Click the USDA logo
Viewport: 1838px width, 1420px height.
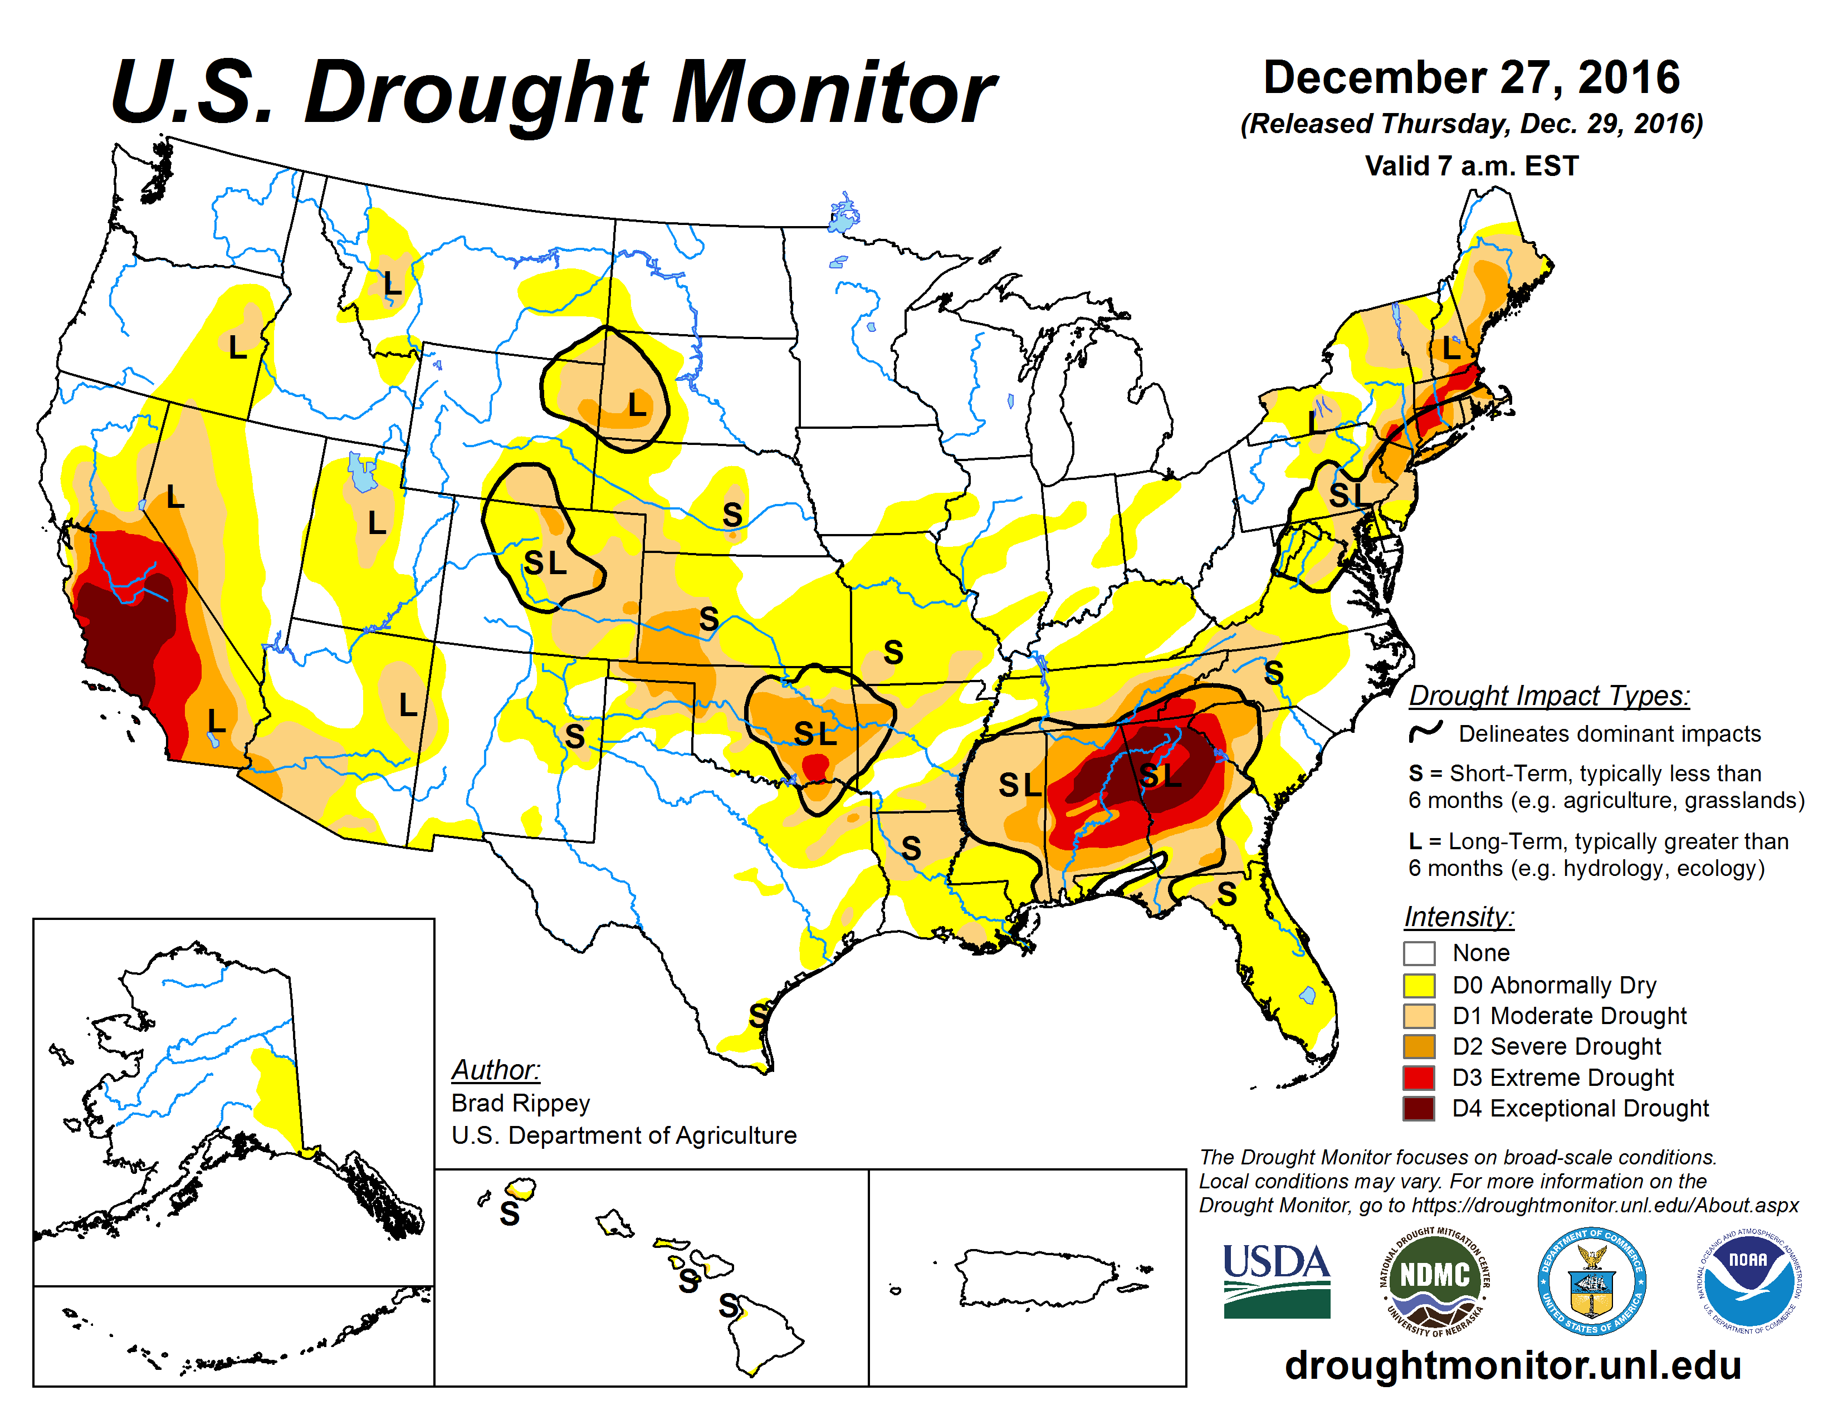click(x=1276, y=1280)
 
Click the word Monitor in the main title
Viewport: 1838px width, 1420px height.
click(x=833, y=92)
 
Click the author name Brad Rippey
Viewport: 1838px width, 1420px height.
click(x=520, y=1103)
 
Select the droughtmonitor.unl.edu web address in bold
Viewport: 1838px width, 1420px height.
click(x=1512, y=1364)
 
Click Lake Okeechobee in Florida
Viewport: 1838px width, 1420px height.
click(x=1307, y=995)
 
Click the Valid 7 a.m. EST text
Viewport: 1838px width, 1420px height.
click(x=1471, y=166)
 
